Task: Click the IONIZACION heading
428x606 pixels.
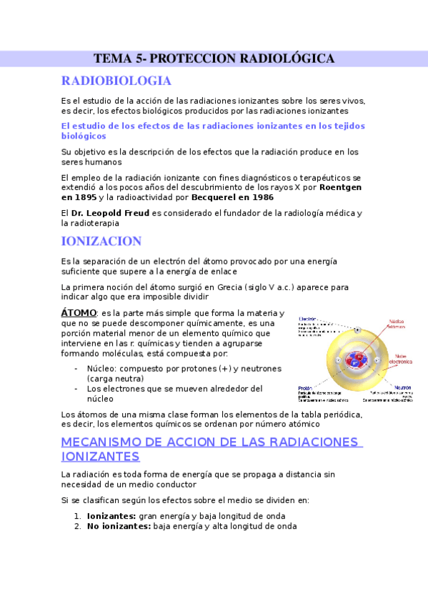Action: [101, 241]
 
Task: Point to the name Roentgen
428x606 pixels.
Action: [340, 187]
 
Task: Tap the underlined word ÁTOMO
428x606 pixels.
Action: [79, 313]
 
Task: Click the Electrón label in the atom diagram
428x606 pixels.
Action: [308, 319]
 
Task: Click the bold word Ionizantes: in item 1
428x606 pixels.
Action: [111, 516]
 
